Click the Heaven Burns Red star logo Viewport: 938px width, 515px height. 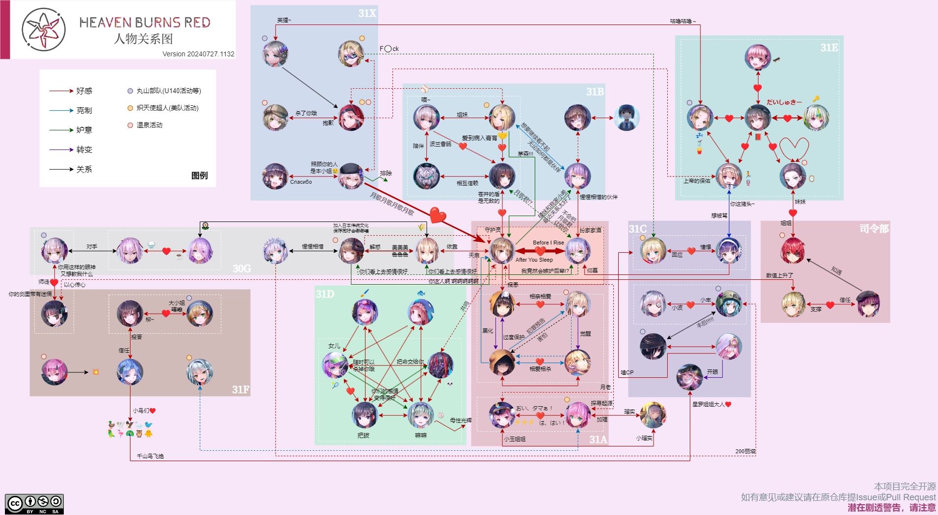(x=44, y=29)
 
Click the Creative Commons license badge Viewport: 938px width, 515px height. (x=34, y=504)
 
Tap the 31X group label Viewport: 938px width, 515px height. (x=367, y=13)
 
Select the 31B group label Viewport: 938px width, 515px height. (x=595, y=92)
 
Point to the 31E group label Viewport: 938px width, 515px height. (x=829, y=48)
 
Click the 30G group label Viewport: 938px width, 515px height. (x=241, y=269)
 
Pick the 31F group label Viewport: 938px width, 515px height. (x=240, y=390)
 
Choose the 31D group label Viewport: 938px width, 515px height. (x=325, y=294)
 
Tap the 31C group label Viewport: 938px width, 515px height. (x=638, y=229)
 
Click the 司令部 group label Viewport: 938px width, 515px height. (x=874, y=228)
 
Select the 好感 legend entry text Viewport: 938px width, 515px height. (x=84, y=91)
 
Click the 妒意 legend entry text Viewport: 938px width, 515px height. (x=84, y=130)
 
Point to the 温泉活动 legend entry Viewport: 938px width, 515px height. (x=149, y=125)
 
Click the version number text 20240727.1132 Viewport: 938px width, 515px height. (x=210, y=54)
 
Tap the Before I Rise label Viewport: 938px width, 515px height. (x=548, y=243)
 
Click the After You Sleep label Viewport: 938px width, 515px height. (x=534, y=260)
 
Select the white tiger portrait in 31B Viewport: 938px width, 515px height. (x=426, y=176)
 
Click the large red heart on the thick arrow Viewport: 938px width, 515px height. (x=438, y=215)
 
